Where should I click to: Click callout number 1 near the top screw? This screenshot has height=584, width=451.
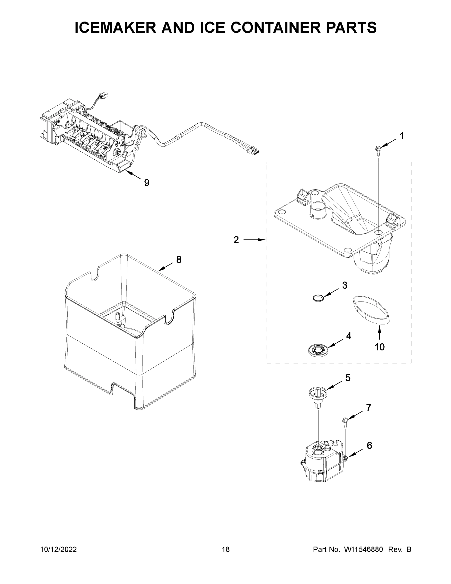(x=402, y=136)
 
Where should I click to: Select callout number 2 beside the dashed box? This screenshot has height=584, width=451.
(x=236, y=240)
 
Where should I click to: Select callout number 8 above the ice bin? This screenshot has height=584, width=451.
(x=179, y=259)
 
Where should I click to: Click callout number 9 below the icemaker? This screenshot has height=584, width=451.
(x=147, y=183)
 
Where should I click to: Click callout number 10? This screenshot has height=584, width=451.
(x=379, y=347)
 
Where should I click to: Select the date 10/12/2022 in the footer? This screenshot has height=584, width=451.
(x=59, y=549)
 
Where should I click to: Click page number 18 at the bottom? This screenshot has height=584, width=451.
(x=226, y=549)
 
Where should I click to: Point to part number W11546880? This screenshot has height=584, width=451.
(x=363, y=549)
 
